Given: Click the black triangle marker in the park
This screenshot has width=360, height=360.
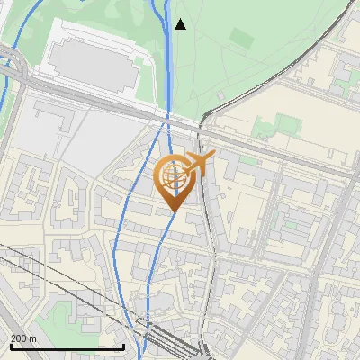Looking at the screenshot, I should pyautogui.click(x=180, y=24).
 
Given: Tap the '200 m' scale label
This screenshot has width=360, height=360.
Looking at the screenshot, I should pyautogui.click(x=23, y=338).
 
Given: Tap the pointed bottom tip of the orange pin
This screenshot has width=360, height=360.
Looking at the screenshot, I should pyautogui.click(x=173, y=211).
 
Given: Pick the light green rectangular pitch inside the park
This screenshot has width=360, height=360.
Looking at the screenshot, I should pyautogui.click(x=241, y=39).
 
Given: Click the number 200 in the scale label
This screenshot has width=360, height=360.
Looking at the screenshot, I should pyautogui.click(x=19, y=338).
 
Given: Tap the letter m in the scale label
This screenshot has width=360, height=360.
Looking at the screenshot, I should pyautogui.click(x=32, y=338).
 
